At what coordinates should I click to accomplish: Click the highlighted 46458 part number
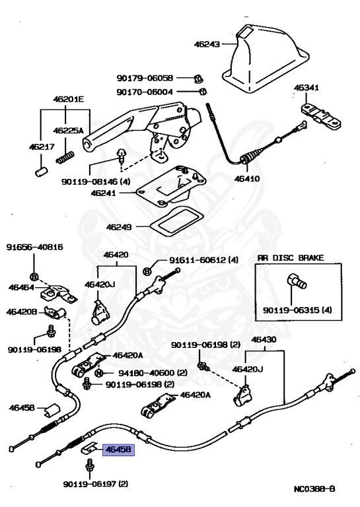(118, 450)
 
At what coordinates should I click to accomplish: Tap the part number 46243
(207, 44)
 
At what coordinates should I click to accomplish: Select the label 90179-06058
(145, 78)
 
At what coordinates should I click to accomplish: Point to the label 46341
(306, 87)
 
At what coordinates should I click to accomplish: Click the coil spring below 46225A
(65, 158)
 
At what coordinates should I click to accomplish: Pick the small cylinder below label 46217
(42, 172)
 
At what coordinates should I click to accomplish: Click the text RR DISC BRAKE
(291, 257)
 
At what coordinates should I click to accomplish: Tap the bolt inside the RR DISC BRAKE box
(296, 281)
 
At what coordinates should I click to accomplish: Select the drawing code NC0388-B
(314, 489)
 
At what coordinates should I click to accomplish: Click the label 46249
(119, 227)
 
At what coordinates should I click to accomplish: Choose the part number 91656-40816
(34, 247)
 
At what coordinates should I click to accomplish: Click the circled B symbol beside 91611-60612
(147, 271)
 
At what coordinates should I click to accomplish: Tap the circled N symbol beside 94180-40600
(99, 373)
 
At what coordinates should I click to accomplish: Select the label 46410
(247, 178)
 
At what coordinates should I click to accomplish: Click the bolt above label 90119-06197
(89, 467)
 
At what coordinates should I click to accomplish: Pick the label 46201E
(68, 99)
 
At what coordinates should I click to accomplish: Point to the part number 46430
(264, 339)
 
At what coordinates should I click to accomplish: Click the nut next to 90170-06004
(202, 92)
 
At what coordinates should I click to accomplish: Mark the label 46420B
(22, 312)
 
